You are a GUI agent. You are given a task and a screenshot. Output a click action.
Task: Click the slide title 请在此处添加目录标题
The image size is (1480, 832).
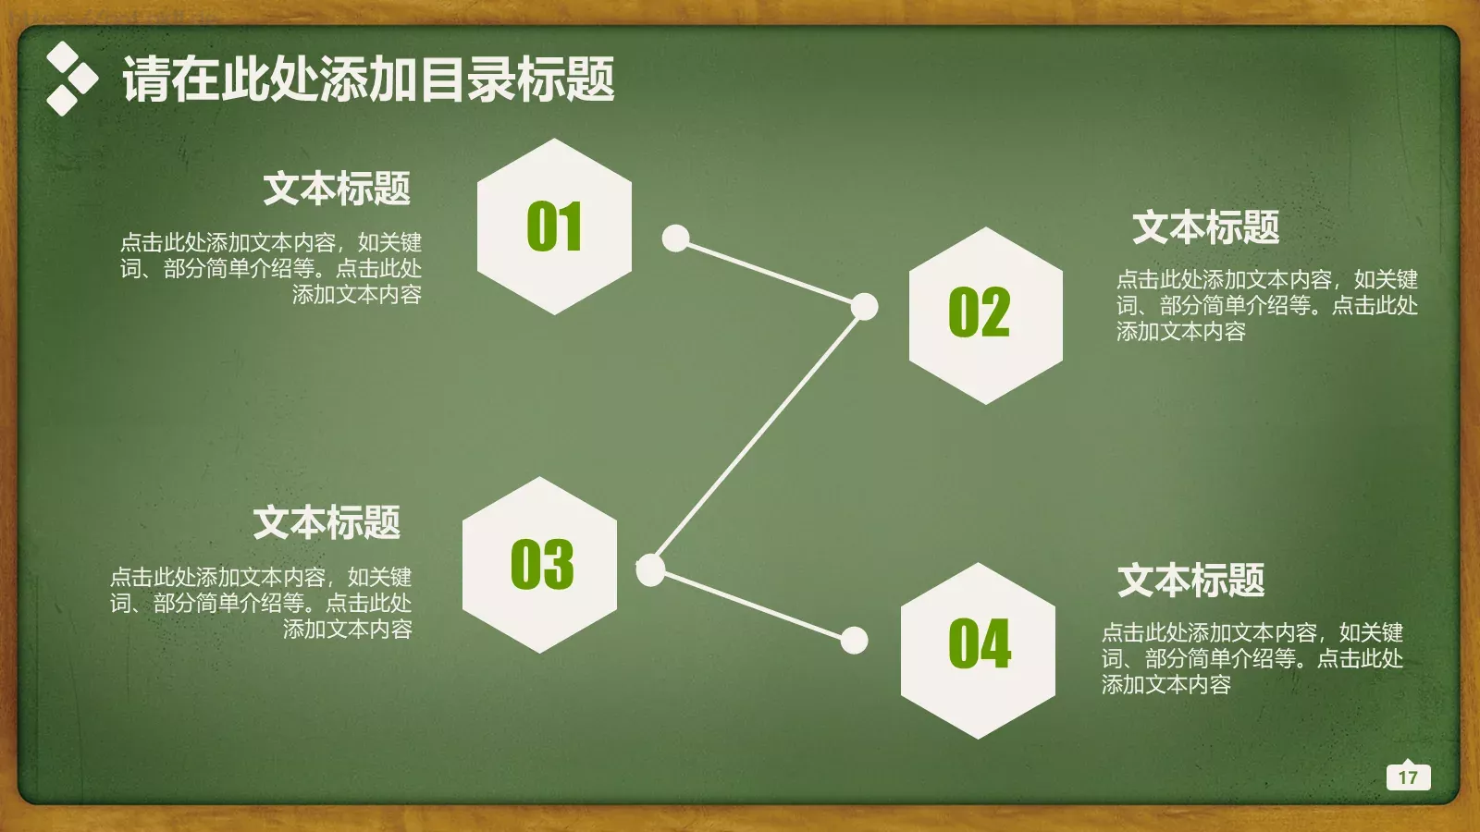point(368,80)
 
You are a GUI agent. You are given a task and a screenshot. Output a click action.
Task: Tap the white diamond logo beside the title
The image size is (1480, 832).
point(70,80)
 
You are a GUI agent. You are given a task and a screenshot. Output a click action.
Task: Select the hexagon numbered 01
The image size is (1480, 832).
point(554,226)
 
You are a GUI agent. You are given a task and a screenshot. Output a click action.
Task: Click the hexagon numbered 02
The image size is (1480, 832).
point(986,314)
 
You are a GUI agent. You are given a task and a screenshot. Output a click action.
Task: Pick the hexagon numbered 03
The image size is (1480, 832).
point(540,565)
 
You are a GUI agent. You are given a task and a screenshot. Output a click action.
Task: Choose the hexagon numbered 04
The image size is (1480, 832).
point(978,650)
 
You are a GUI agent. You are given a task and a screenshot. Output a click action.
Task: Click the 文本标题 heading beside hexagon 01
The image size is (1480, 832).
point(337,189)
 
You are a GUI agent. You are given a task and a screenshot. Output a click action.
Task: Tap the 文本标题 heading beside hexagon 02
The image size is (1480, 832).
point(1205,227)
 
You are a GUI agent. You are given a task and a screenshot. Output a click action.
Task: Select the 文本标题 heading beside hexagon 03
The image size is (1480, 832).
point(327,523)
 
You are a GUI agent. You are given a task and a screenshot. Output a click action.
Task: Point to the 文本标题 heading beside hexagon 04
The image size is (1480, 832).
point(1190,581)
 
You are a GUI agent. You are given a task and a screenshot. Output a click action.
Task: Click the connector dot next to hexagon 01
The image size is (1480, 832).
point(676,239)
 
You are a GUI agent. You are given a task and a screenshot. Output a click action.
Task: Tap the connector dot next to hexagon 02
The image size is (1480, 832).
point(864,306)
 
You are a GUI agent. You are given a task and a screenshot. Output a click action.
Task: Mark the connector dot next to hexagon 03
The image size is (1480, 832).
point(651,569)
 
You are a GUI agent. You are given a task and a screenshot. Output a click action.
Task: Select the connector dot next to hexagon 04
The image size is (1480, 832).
point(854,640)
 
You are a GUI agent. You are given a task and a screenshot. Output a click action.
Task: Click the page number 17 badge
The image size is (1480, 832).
point(1408,777)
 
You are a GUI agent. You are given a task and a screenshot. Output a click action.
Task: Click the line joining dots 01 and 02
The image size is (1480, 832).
point(770,273)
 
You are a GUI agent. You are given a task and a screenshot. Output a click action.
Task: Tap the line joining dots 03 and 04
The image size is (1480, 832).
point(752,605)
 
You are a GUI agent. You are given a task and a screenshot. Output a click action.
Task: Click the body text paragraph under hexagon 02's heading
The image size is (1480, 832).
point(1266,305)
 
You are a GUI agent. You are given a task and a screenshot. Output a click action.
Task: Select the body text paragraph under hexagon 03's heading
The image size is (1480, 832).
point(261,603)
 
